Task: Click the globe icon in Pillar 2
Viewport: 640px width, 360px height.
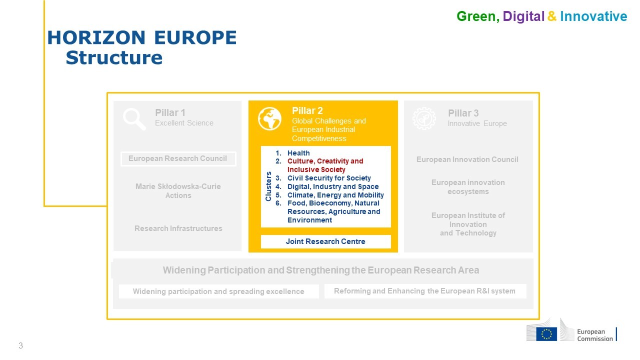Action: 269,118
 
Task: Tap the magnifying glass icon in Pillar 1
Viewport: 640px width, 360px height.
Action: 134,119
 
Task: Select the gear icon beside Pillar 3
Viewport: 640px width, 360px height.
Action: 424,118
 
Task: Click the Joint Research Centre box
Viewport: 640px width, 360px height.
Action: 325,241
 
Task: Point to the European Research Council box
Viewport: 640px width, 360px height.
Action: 178,159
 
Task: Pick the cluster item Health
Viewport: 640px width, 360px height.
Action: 298,153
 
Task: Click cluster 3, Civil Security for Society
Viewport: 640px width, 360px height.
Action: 329,178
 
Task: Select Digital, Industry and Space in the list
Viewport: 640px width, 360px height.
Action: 333,187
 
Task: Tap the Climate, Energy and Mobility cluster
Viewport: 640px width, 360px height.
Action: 335,195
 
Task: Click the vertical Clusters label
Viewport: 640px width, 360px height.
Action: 268,186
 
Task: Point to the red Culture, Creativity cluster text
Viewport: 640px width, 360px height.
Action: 325,165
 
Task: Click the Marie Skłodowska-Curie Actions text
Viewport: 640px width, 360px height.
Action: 178,191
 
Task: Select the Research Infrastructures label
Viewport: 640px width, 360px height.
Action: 178,228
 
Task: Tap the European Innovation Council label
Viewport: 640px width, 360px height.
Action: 467,159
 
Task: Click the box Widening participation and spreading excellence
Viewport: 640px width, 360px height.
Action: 219,291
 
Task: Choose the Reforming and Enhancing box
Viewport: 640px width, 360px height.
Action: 425,291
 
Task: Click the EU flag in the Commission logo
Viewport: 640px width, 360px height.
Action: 546,334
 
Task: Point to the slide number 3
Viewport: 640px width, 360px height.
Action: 20,345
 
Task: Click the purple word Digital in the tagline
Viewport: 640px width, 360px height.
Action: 523,16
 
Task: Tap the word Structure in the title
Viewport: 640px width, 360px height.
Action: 114,57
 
